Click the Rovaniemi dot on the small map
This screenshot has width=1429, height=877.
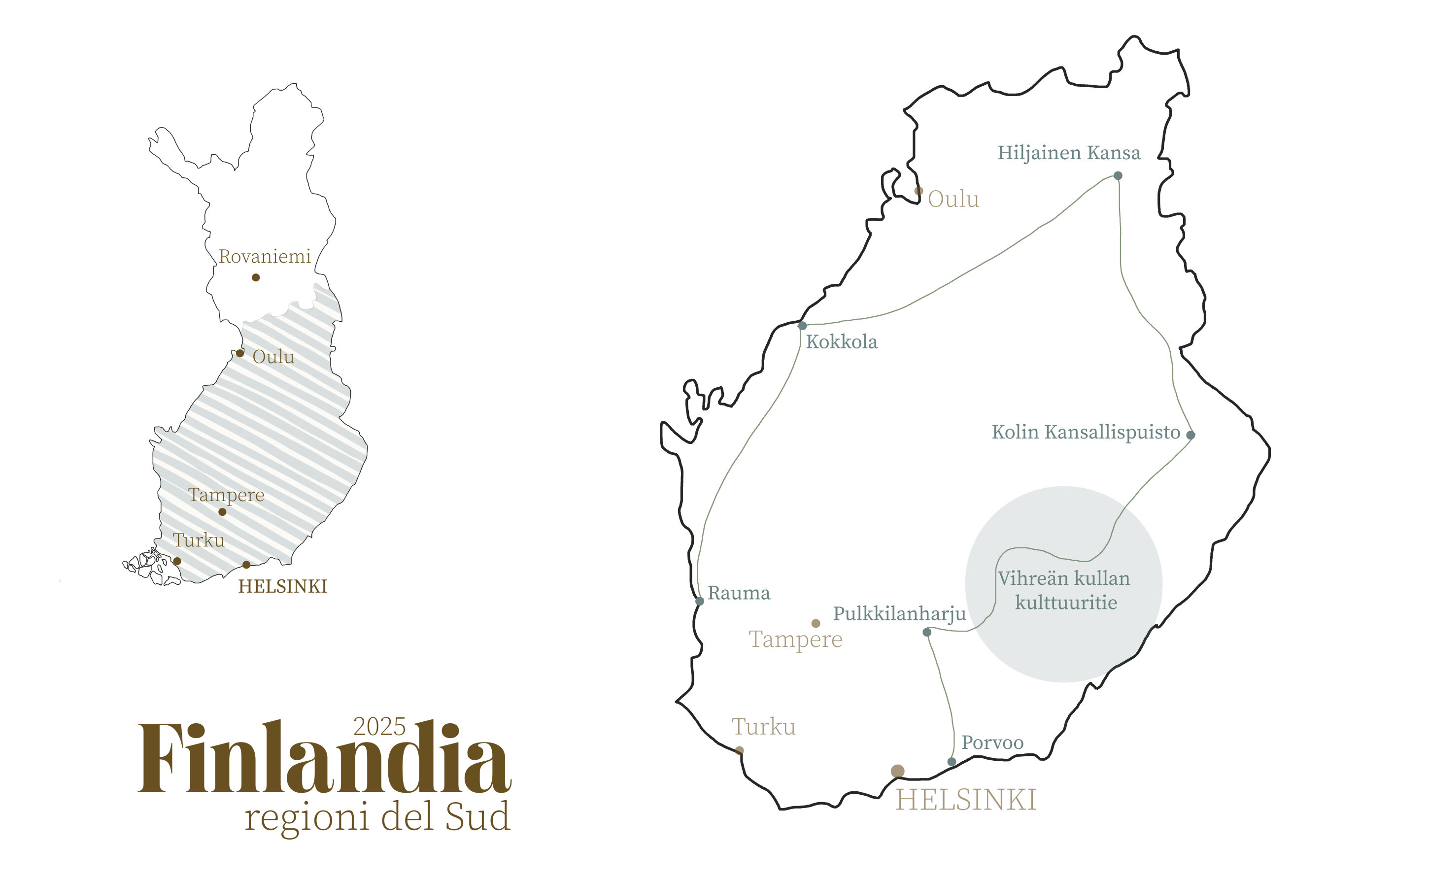pyautogui.click(x=256, y=278)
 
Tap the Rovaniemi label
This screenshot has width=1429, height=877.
pyautogui.click(x=265, y=256)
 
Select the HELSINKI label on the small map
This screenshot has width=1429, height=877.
pyautogui.click(x=282, y=586)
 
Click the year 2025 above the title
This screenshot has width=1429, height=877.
pyautogui.click(x=380, y=727)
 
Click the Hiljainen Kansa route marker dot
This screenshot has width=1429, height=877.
pyautogui.click(x=1118, y=176)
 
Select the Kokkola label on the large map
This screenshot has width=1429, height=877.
pyautogui.click(x=842, y=341)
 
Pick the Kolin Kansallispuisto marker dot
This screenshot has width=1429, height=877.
pyautogui.click(x=1191, y=435)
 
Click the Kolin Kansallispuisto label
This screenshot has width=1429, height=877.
pyautogui.click(x=1086, y=432)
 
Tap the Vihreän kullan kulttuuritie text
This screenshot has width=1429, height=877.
pyautogui.click(x=1065, y=590)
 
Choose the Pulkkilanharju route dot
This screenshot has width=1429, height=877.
pyautogui.click(x=927, y=632)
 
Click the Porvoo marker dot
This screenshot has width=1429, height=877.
pyautogui.click(x=952, y=762)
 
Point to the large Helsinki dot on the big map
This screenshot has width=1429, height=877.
pyautogui.click(x=898, y=771)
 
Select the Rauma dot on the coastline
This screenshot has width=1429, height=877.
pyautogui.click(x=700, y=602)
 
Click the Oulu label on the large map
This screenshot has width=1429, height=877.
pyautogui.click(x=953, y=200)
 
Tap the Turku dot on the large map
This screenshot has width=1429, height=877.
pyautogui.click(x=740, y=750)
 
